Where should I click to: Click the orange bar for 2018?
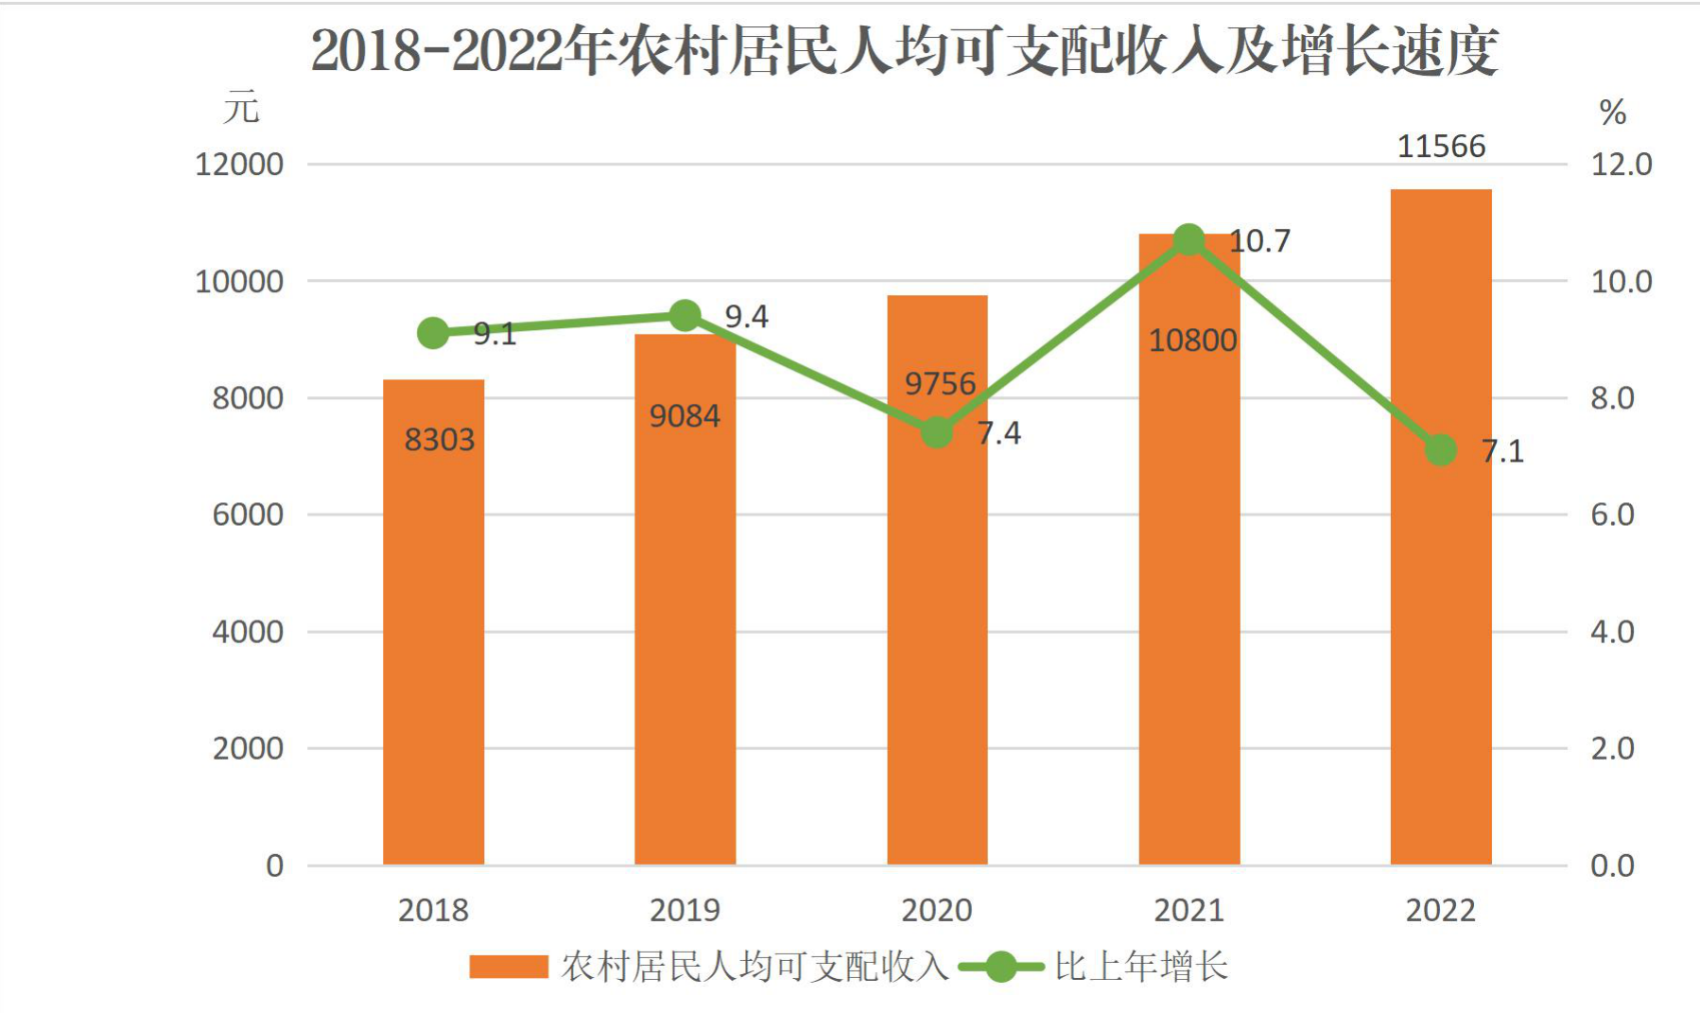[x=433, y=621]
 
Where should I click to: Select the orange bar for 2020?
[x=937, y=580]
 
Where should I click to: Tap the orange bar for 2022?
[x=1441, y=527]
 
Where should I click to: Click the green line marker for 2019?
[x=685, y=316]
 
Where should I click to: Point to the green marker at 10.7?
[x=1188, y=240]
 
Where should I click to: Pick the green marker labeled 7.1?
[x=1441, y=450]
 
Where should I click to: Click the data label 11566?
[x=1441, y=147]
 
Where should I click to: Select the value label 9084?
[x=685, y=416]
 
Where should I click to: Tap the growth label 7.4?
[x=999, y=433]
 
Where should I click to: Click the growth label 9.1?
[x=494, y=334]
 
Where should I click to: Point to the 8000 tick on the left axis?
[x=248, y=398]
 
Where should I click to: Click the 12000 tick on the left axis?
[x=239, y=165]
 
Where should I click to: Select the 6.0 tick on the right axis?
[x=1612, y=515]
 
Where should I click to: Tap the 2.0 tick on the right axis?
[x=1612, y=748]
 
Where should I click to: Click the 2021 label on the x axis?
[x=1188, y=910]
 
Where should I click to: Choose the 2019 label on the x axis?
[x=685, y=910]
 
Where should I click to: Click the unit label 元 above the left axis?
[x=241, y=107]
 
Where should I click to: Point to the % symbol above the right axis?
[x=1612, y=113]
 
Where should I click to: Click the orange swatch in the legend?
[x=509, y=967]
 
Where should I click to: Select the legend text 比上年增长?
[x=1141, y=967]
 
